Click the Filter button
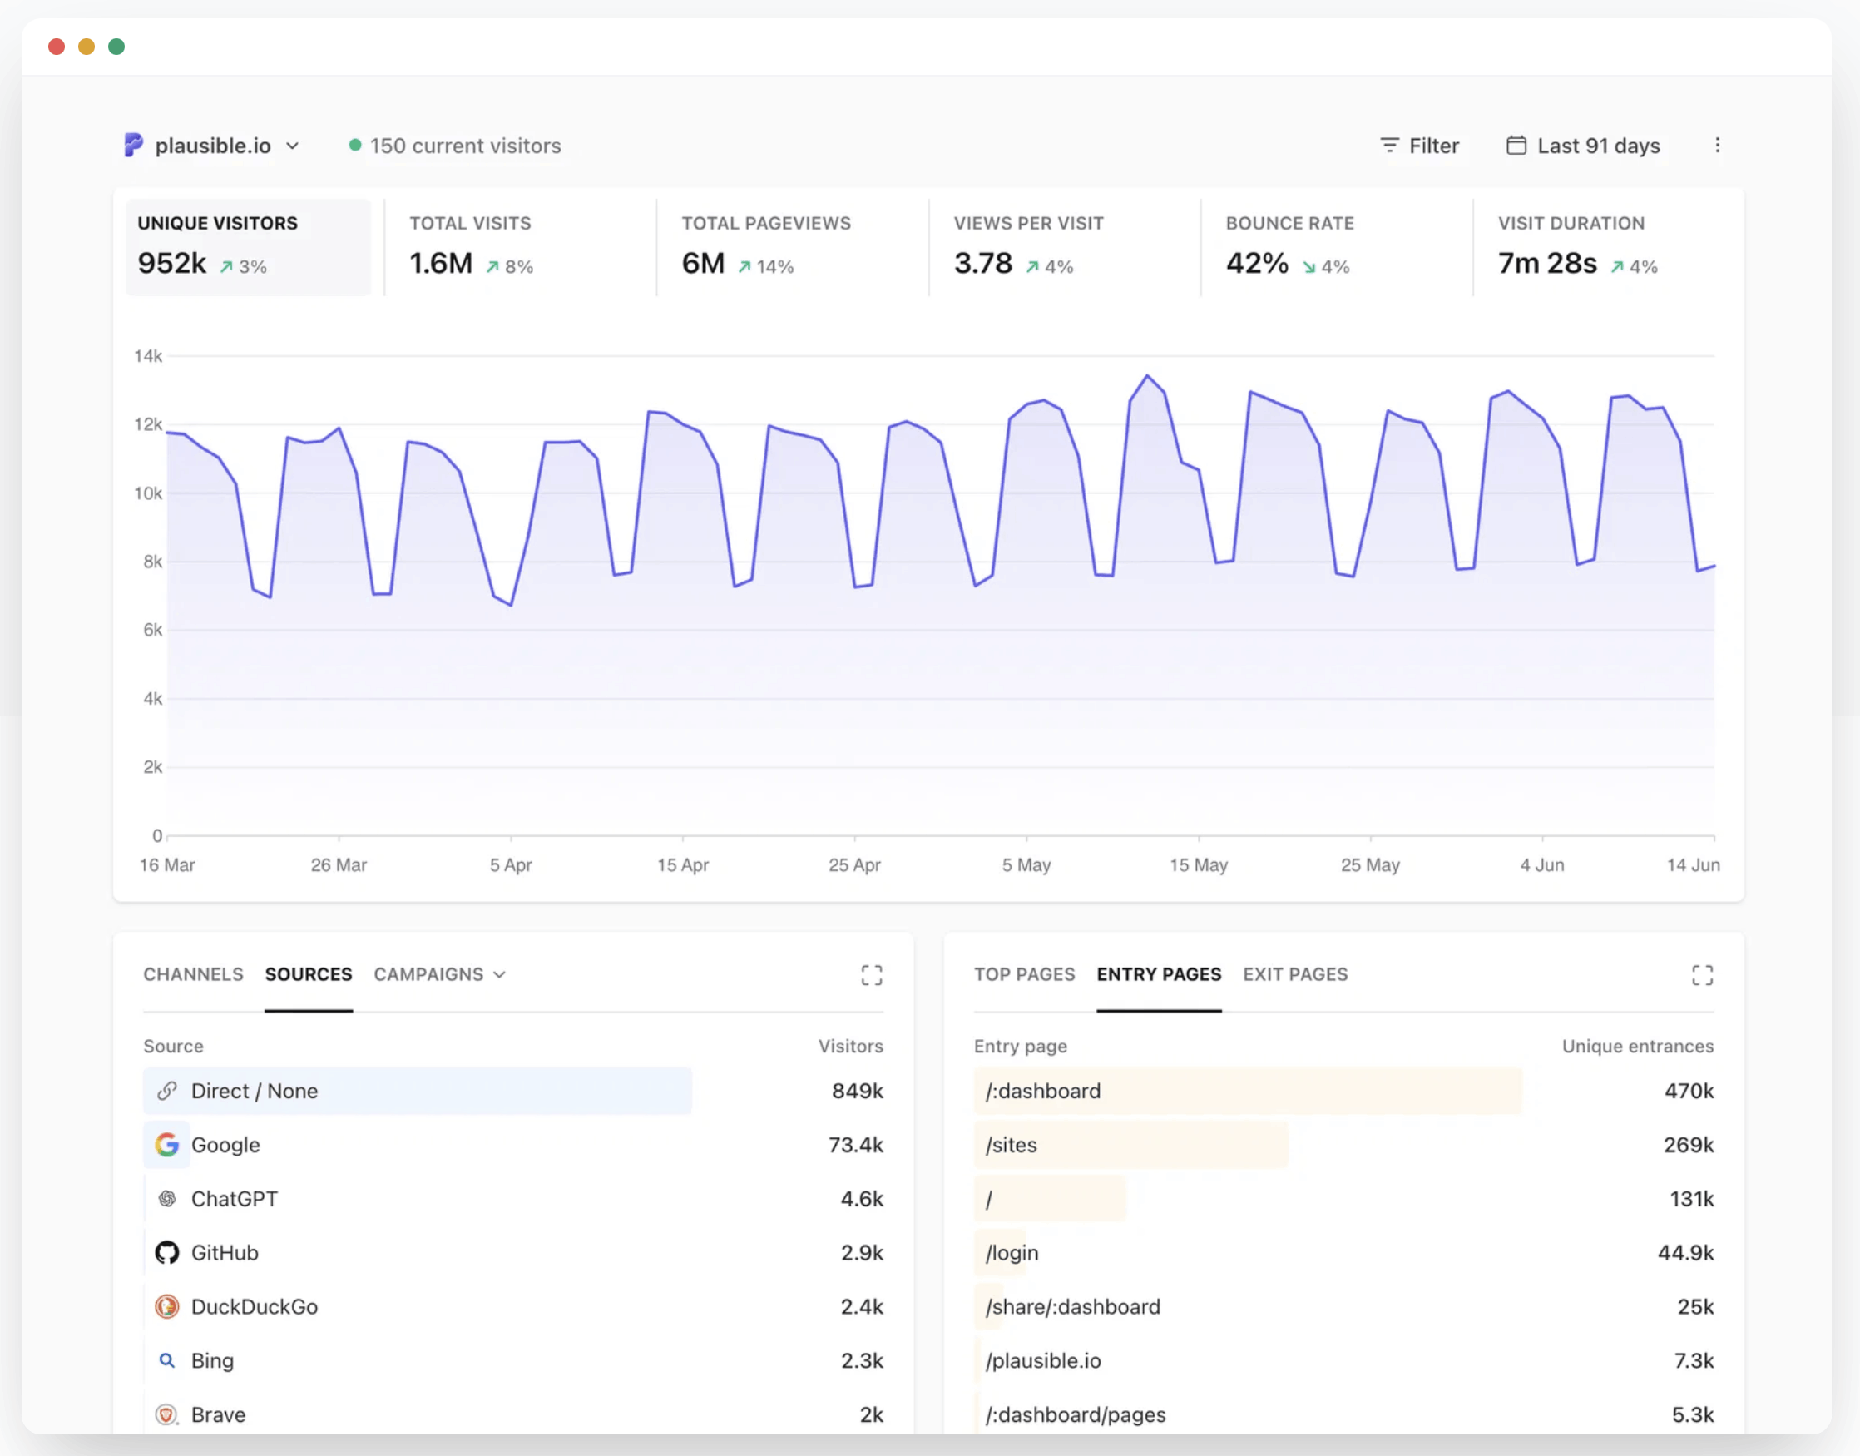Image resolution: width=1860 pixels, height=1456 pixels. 1419,146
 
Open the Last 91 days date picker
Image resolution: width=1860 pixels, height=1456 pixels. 1583,146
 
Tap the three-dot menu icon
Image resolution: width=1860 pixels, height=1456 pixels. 1717,145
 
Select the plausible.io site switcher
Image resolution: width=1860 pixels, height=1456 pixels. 211,146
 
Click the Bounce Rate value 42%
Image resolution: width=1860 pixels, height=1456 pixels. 1256,264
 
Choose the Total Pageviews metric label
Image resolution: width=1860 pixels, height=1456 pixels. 765,223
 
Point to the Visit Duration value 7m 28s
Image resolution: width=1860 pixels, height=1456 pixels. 1547,264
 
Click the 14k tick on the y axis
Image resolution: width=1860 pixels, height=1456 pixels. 147,355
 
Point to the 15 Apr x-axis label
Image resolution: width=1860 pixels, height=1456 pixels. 683,864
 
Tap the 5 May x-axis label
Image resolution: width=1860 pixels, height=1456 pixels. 1026,864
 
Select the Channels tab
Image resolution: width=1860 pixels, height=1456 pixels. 194,974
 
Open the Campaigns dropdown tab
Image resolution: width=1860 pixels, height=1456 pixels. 440,974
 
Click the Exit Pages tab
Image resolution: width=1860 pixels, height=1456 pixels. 1295,974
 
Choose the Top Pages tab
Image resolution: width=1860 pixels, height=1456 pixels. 1025,974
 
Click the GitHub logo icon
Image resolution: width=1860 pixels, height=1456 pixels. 167,1252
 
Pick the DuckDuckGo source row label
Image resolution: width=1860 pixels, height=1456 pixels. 254,1307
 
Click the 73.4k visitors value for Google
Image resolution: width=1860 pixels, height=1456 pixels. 856,1145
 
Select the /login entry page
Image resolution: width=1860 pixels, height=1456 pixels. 1012,1253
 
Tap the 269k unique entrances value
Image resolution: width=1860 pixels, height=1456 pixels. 1689,1145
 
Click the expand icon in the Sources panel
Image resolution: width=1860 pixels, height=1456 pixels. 871,975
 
